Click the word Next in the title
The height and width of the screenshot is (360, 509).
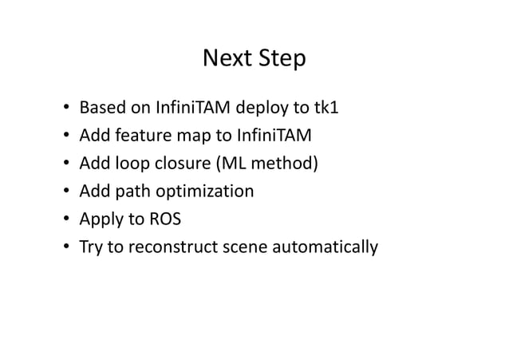click(227, 59)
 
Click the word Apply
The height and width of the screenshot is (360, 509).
click(99, 220)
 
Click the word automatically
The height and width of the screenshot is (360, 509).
click(324, 247)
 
